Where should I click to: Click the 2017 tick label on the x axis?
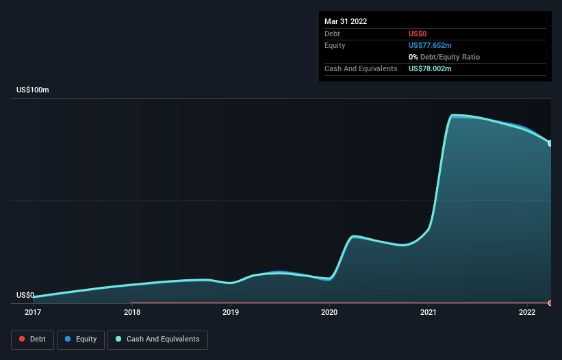click(x=33, y=313)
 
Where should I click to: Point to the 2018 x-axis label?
click(x=132, y=313)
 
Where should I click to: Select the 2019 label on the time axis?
click(x=231, y=313)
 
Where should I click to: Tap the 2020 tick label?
click(x=329, y=313)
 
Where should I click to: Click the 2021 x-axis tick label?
click(x=429, y=313)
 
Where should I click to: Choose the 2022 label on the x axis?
click(x=527, y=313)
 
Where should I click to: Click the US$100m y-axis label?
click(x=33, y=90)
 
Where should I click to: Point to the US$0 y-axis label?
click(x=25, y=296)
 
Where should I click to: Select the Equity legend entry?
click(x=81, y=339)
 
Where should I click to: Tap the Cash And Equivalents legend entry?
click(x=157, y=339)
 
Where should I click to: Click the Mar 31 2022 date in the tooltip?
click(x=346, y=21)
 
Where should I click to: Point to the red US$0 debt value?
click(x=418, y=34)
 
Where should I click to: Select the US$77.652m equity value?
click(x=430, y=45)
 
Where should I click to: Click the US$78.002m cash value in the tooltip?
click(x=430, y=68)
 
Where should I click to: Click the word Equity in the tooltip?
click(x=335, y=45)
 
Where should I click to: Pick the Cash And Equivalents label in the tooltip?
click(x=361, y=68)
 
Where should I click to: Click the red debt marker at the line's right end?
click(x=550, y=303)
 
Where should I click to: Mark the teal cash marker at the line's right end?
click(x=550, y=143)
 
